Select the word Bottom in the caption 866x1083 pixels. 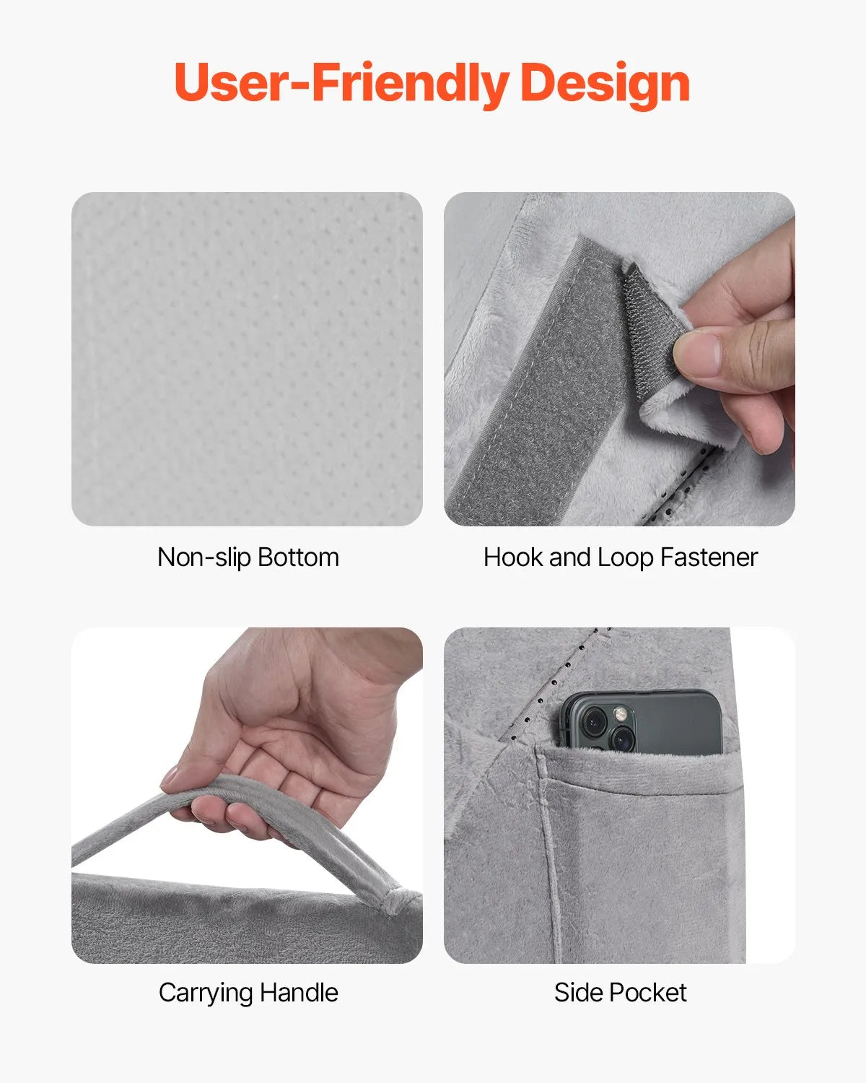298,557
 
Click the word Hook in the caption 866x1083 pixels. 513,557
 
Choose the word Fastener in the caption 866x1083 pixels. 709,557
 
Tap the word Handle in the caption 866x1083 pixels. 299,993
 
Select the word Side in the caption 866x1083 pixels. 577,993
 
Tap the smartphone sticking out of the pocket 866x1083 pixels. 640,722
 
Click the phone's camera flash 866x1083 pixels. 621,713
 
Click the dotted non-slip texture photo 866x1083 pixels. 247,359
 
